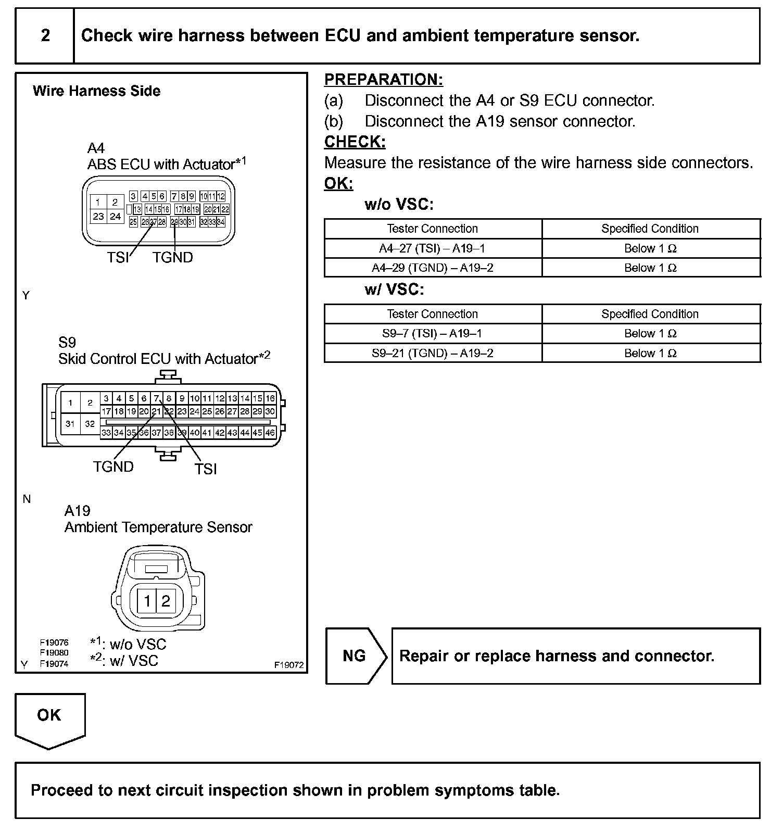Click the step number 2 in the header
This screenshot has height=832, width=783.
tap(45, 35)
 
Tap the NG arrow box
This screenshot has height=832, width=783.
tap(356, 655)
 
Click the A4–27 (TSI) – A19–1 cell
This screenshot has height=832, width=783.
tap(432, 248)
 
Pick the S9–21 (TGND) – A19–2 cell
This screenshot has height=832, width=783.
tap(432, 353)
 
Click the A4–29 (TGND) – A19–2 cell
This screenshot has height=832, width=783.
tap(432, 268)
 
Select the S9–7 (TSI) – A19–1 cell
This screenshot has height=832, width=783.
tap(432, 333)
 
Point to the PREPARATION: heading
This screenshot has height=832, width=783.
tap(384, 80)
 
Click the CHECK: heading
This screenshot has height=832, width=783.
tap(355, 142)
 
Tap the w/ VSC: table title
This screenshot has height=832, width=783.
tap(394, 289)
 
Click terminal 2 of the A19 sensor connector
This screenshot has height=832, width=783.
tap(166, 601)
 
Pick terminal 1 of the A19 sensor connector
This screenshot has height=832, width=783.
tap(147, 601)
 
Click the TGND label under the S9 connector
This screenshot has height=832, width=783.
tap(113, 467)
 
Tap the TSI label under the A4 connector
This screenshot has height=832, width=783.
tap(118, 257)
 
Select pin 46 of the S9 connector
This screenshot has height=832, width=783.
tap(270, 433)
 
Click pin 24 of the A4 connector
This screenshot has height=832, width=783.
tap(115, 216)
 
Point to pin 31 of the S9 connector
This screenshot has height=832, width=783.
tap(70, 424)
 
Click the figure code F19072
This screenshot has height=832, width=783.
tap(289, 665)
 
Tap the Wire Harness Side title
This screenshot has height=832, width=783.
tap(96, 91)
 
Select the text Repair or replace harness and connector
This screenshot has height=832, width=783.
tap(557, 655)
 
